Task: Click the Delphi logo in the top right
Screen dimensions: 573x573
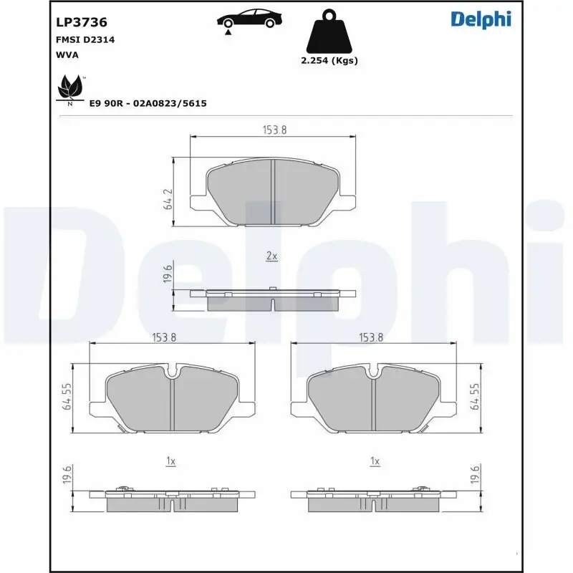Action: coord(481,19)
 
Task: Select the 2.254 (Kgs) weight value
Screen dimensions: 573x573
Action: coord(329,61)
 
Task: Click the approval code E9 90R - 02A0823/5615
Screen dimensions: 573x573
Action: coord(148,104)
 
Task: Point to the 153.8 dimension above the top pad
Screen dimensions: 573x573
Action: coord(271,130)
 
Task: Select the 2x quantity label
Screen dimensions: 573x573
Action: coord(271,256)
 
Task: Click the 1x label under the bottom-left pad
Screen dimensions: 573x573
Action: coord(170,462)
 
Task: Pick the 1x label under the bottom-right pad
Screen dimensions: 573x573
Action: coord(374,462)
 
